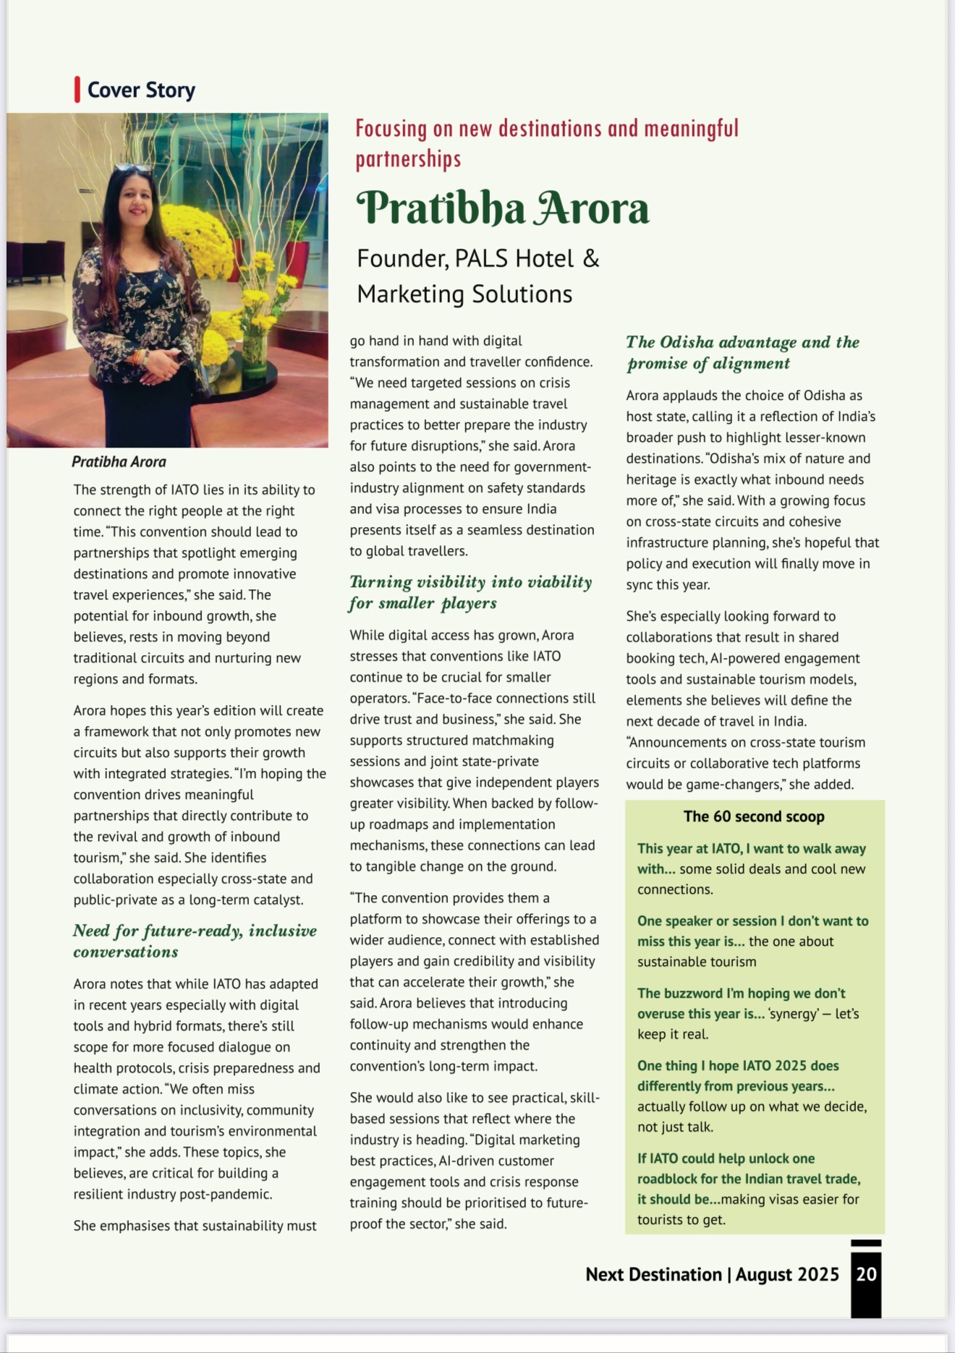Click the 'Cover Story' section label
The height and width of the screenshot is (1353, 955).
click(x=141, y=90)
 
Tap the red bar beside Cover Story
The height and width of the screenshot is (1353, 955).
click(x=77, y=90)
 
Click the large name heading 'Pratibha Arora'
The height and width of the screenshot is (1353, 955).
click(x=503, y=209)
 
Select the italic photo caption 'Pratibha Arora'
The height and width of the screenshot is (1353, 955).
click(x=119, y=461)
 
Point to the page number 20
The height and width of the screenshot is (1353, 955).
click(x=866, y=1273)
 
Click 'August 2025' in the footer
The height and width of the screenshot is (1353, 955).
click(x=787, y=1274)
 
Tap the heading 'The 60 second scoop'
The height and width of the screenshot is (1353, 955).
click(x=754, y=816)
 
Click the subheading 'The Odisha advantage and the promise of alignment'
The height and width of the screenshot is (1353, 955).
click(x=743, y=352)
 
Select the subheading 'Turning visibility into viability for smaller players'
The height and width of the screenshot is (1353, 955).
click(x=470, y=592)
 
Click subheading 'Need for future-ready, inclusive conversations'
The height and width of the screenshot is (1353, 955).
click(x=195, y=941)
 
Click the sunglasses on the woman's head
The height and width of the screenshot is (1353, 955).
click(x=132, y=168)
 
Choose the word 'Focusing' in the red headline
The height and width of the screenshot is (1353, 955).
click(x=391, y=129)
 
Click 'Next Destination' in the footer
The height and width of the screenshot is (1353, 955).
click(x=653, y=1274)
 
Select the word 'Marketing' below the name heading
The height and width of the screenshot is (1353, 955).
click(x=411, y=294)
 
